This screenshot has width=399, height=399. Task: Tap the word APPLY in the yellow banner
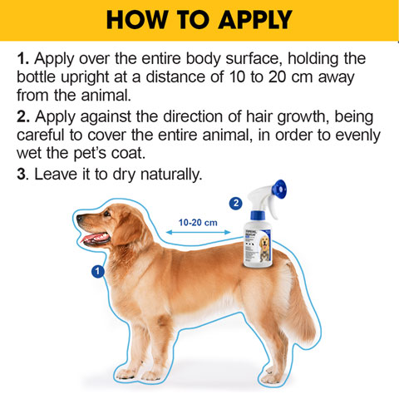pos(249,20)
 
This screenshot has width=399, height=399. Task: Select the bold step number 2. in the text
pos(22,117)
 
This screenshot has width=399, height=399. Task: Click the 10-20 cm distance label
pos(198,222)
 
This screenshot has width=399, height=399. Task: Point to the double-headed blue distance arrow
pos(198,234)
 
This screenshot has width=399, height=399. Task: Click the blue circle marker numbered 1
pos(97,271)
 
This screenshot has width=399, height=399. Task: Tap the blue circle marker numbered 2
pos(235,202)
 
